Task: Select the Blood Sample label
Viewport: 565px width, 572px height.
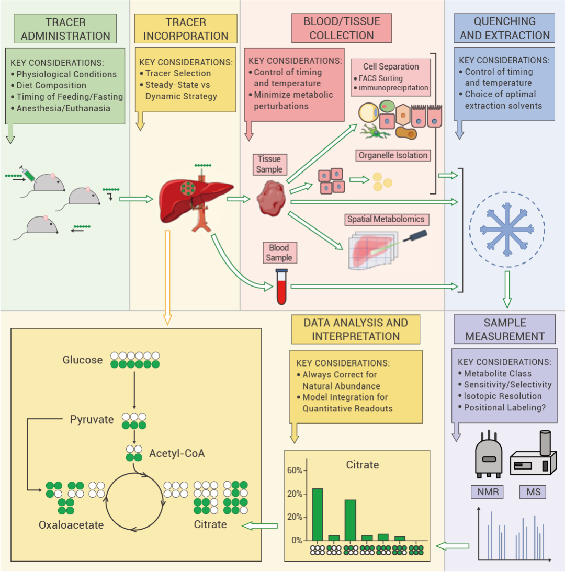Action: (279, 253)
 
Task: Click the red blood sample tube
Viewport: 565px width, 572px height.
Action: (282, 287)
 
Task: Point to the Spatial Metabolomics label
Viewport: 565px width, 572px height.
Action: (386, 219)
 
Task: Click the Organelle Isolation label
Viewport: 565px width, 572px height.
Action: (393, 155)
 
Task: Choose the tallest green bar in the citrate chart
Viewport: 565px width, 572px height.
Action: (318, 514)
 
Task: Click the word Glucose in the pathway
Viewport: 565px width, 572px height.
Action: (83, 360)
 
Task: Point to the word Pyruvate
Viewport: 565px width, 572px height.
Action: (92, 419)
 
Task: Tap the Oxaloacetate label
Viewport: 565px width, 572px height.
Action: (71, 524)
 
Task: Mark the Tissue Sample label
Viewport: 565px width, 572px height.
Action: (269, 164)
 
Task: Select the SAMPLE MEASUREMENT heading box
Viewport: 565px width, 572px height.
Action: (505, 329)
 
